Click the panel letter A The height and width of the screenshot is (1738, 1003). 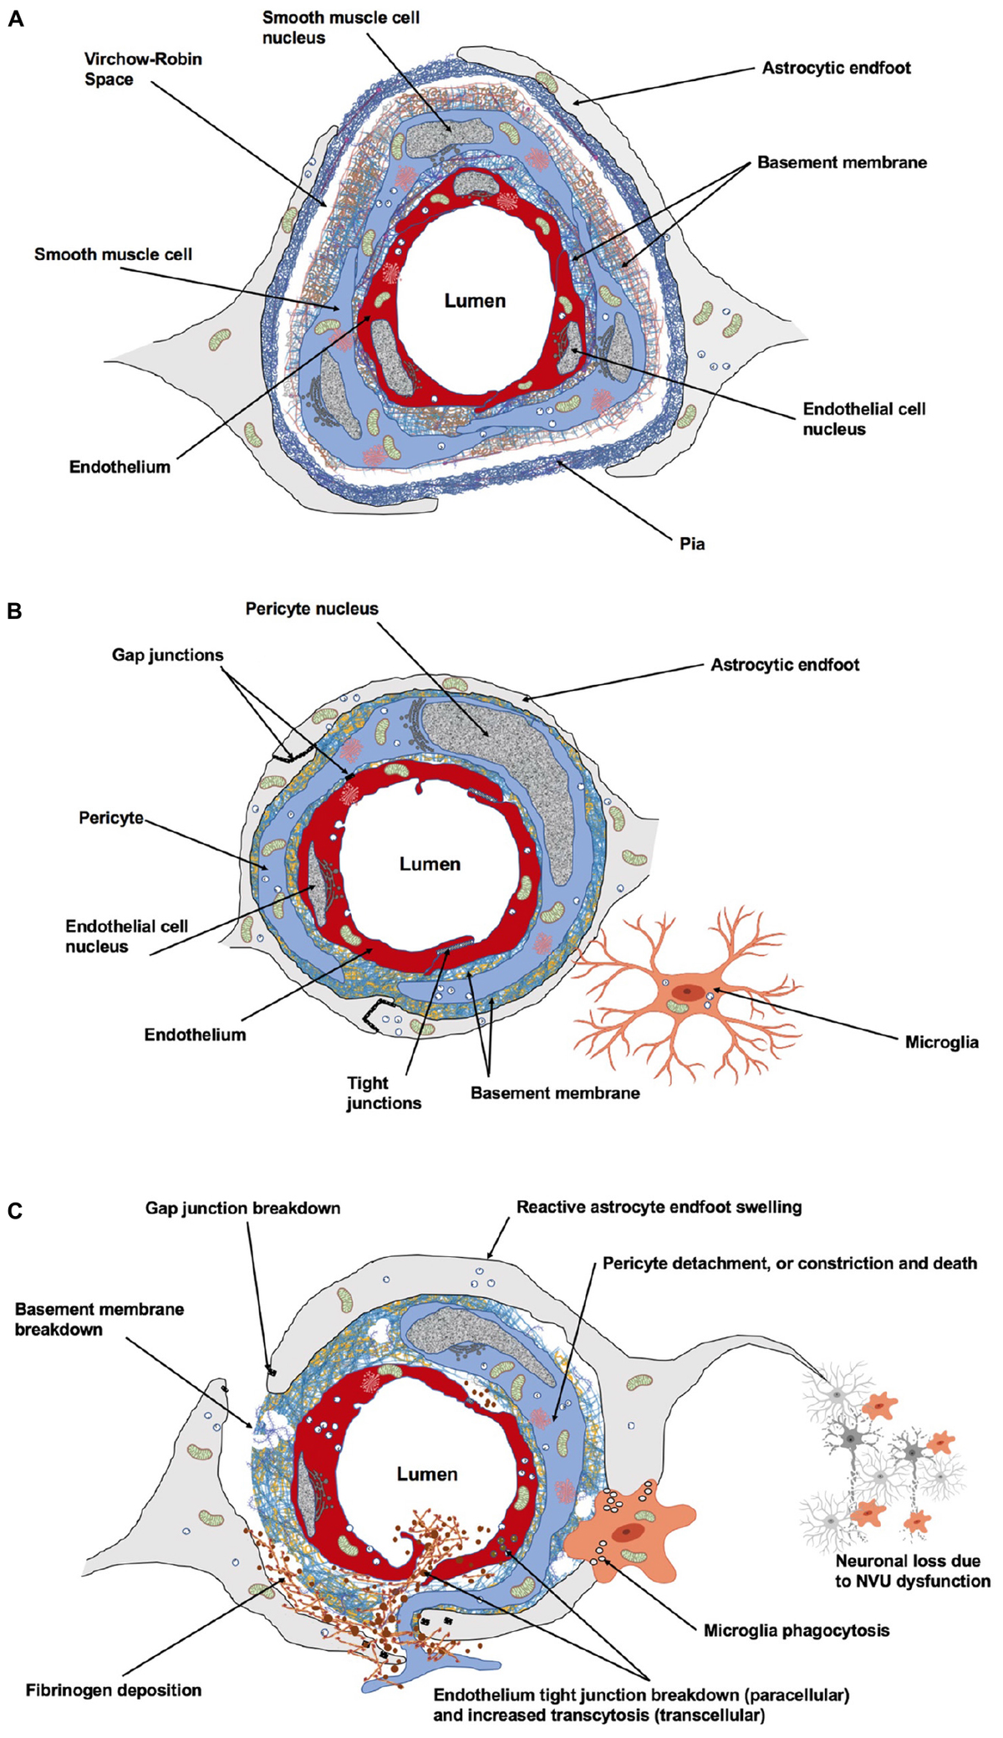15,18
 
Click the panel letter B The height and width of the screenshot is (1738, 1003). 14,611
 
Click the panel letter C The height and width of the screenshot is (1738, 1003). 14,1210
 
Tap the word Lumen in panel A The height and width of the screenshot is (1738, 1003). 474,301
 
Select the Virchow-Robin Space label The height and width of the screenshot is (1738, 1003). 143,69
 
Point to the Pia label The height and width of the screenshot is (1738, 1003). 691,544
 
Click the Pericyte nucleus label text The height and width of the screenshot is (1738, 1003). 312,609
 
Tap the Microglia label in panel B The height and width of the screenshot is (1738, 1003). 941,1042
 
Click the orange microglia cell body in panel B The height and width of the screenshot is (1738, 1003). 687,994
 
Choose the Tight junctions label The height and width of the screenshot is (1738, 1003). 384,1093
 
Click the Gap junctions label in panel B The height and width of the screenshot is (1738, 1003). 167,655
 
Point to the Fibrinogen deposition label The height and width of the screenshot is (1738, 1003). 114,1690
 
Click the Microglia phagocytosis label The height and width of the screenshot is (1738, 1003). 796,1630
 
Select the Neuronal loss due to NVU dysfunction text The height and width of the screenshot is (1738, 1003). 912,1571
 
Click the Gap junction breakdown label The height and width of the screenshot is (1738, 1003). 242,1208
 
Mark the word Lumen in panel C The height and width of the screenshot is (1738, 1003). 426,1475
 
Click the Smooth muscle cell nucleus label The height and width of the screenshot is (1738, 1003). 340,28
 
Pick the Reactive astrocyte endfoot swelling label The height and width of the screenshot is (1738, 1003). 659,1207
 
